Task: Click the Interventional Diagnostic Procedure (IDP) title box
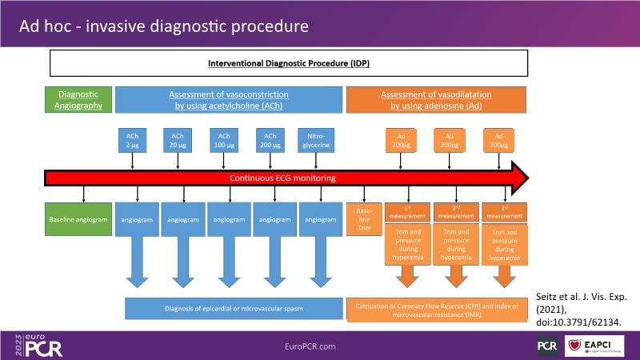[x=289, y=62]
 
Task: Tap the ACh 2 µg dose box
[x=130, y=140]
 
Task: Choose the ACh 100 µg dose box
[x=222, y=140]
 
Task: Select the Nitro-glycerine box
[x=314, y=140]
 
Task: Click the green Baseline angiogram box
[x=78, y=218]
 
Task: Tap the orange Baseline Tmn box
[x=364, y=218]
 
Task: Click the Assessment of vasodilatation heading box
[x=436, y=99]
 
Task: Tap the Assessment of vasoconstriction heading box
[x=228, y=99]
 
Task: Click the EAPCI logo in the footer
[x=597, y=346]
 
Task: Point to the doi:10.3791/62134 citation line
[x=578, y=321]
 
